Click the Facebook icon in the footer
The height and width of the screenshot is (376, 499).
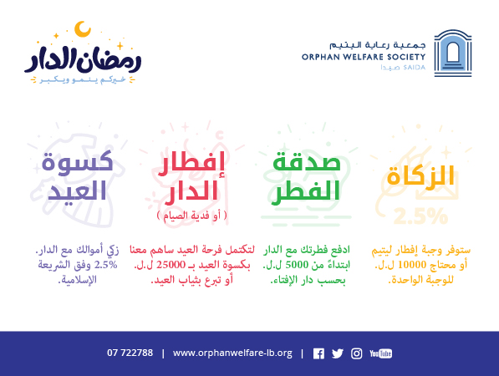click(318, 353)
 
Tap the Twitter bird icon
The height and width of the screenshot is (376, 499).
click(338, 353)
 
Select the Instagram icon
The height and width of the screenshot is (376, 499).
click(356, 353)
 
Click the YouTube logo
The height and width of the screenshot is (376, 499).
click(380, 353)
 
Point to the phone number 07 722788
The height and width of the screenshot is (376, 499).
click(130, 353)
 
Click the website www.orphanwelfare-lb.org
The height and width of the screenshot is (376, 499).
click(232, 353)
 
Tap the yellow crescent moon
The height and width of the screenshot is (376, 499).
click(83, 29)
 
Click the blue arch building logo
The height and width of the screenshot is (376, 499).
click(453, 53)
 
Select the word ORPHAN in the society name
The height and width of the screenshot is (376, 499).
click(319, 58)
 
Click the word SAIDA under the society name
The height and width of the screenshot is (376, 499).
click(414, 68)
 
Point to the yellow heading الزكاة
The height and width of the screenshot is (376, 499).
click(420, 175)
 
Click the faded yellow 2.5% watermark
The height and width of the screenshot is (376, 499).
click(420, 216)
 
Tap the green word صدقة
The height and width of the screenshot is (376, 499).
click(307, 160)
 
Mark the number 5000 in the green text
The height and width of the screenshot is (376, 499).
click(297, 264)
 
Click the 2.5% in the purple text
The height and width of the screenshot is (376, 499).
click(105, 264)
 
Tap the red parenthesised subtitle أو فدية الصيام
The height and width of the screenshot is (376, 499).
click(192, 216)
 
